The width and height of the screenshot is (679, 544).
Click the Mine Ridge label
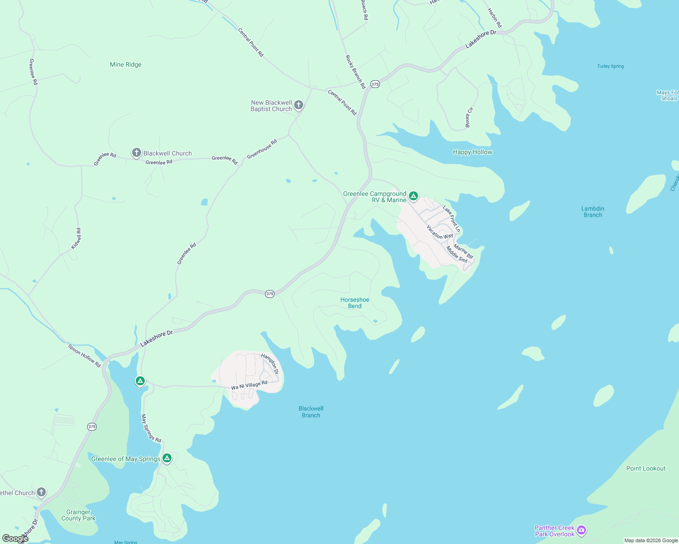[126, 65]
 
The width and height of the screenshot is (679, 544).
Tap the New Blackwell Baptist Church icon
[299, 105]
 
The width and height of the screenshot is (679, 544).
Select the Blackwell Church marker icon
[136, 153]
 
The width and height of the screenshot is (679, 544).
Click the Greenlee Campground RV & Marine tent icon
[413, 196]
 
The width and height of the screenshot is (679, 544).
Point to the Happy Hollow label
[472, 152]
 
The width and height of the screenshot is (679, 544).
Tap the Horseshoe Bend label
[355, 303]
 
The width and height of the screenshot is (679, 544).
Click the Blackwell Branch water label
[311, 412]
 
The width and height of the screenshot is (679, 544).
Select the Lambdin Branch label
[593, 212]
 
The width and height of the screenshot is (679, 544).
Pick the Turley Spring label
[610, 66]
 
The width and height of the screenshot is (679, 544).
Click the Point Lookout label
[646, 469]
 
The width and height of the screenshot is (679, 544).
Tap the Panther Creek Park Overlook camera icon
[581, 530]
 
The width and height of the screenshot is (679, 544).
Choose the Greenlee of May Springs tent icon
[167, 458]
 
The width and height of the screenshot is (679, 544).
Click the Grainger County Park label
[79, 515]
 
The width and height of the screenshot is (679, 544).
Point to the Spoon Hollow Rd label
[84, 355]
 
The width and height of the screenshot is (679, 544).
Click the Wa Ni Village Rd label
[249, 385]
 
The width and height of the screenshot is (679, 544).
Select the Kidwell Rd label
[76, 238]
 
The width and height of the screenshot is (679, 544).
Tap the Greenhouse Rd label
[262, 150]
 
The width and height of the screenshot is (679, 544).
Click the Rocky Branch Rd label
[355, 72]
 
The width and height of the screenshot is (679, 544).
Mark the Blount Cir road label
[469, 117]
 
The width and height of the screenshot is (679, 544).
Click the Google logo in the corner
[15, 539]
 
